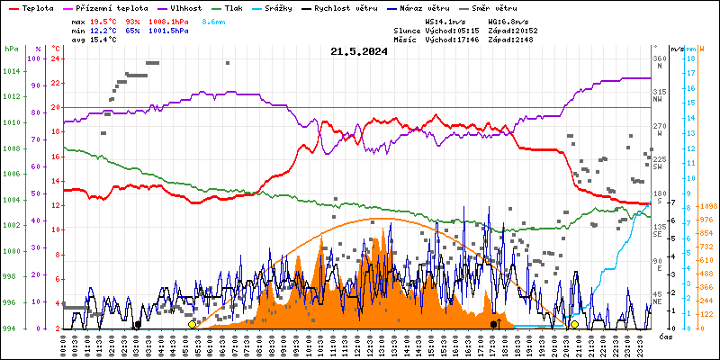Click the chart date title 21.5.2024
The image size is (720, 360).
(x=358, y=51)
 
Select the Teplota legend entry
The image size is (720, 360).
(x=37, y=7)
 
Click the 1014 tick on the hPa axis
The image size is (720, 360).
(x=12, y=71)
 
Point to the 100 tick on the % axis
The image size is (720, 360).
(x=35, y=58)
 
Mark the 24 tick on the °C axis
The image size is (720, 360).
(x=55, y=58)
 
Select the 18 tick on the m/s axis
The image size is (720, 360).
(x=688, y=58)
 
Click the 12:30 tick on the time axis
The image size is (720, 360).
(x=370, y=344)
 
